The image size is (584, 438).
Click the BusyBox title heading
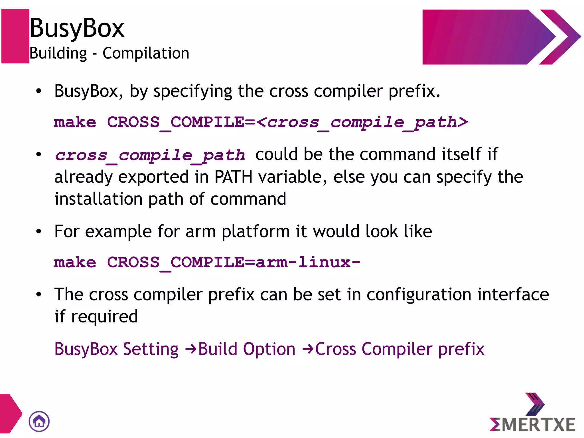point(77,28)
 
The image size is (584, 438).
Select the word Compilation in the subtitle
point(146,53)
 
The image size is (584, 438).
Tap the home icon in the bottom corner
point(39,421)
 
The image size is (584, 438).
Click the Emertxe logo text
point(532,425)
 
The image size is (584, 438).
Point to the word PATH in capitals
point(233,177)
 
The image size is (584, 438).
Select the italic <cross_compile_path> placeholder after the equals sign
point(362,122)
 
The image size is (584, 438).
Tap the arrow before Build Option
point(191,349)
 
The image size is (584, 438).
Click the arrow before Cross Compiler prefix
point(308,349)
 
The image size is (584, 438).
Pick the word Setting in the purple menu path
point(151,349)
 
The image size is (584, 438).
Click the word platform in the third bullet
point(256,231)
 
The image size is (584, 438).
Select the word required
point(104,317)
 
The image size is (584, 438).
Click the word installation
point(99,199)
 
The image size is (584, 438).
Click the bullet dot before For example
point(39,231)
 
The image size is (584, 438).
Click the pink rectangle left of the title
point(15,36)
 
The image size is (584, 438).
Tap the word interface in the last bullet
point(513,294)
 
